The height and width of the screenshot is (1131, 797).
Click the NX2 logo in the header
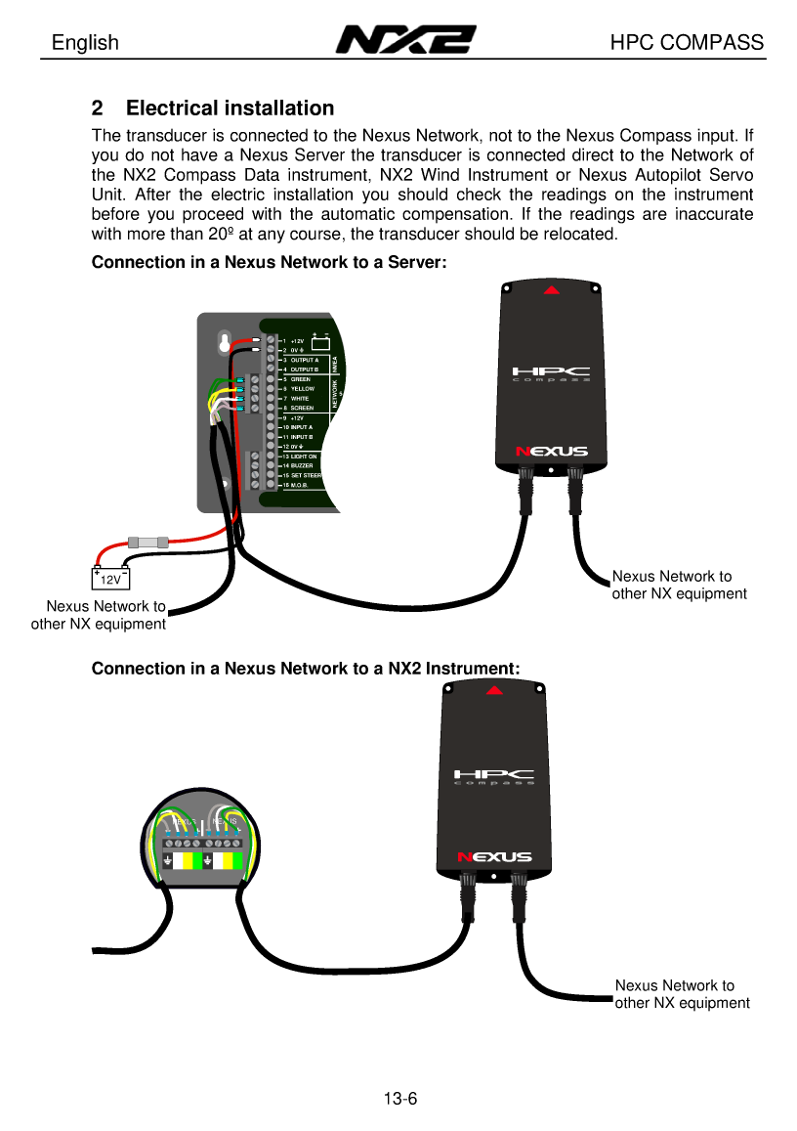[405, 40]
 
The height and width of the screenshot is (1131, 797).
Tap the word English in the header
[85, 43]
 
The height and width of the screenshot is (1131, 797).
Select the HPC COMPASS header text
[687, 43]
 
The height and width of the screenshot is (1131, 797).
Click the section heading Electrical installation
[230, 109]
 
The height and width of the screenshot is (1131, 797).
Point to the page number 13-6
[400, 1099]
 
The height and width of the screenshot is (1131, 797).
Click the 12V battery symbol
[111, 579]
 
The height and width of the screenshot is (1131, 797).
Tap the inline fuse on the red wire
[148, 541]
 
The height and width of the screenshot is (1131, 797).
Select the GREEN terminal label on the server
[301, 379]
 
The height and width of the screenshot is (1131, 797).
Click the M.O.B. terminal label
[301, 485]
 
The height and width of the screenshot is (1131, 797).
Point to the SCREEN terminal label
[302, 409]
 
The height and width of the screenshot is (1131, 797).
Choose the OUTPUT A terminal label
[305, 360]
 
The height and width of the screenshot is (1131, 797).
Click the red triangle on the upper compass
[552, 289]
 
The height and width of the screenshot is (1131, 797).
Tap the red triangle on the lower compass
[495, 690]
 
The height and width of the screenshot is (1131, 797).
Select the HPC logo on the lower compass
[494, 777]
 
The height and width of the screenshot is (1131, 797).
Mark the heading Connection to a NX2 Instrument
[305, 669]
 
